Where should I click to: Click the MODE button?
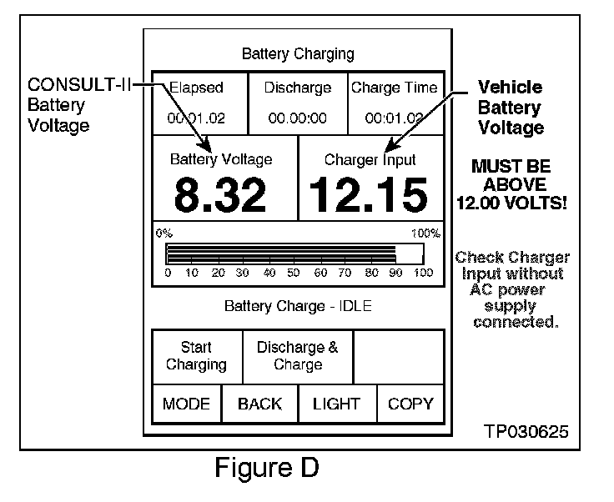point(186,404)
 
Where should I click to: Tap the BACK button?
point(259,404)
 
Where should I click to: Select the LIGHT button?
point(336,404)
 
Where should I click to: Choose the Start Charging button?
point(196,356)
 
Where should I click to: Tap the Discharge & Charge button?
point(298,356)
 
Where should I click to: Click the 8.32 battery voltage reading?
point(220,195)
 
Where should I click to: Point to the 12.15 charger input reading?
point(369,195)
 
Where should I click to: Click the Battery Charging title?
point(298,54)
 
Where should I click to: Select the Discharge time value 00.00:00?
point(298,118)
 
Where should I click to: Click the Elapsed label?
point(197,88)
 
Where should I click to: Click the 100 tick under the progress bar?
point(423,273)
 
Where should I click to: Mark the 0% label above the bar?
point(164,233)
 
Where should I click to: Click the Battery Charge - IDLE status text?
point(298,306)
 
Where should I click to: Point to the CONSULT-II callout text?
point(79,86)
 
